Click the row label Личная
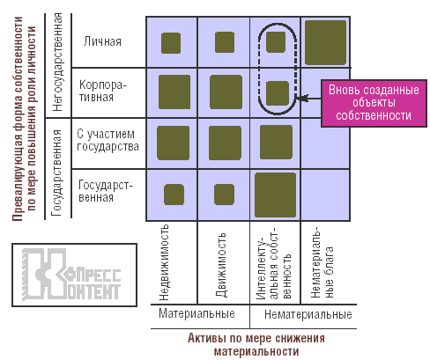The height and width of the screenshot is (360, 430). (102, 41)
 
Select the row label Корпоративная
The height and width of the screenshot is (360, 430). (102, 91)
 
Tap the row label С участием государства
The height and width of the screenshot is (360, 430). (107, 140)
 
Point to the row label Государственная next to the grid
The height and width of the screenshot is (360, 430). (106, 191)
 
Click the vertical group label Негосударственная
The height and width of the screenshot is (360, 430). (57, 62)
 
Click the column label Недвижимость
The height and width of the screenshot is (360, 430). (164, 262)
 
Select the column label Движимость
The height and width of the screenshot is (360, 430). (221, 265)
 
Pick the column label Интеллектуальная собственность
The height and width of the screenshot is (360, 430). (273, 262)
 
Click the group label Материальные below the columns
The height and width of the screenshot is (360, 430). (196, 313)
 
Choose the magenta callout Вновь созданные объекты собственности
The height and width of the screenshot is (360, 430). (374, 103)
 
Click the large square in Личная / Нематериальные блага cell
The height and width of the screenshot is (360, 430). (325, 42)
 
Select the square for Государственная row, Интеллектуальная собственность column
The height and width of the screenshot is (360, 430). (275, 195)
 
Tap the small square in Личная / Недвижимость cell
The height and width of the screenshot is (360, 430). (171, 43)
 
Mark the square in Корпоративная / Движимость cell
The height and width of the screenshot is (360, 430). (226, 92)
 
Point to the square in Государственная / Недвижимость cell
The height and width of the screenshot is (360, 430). (174, 195)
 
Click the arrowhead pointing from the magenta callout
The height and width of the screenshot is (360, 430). (300, 98)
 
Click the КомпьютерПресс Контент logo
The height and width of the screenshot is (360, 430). (74, 275)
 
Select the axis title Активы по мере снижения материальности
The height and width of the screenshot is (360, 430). (256, 344)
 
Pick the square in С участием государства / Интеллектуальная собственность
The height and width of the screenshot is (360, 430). (276, 143)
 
